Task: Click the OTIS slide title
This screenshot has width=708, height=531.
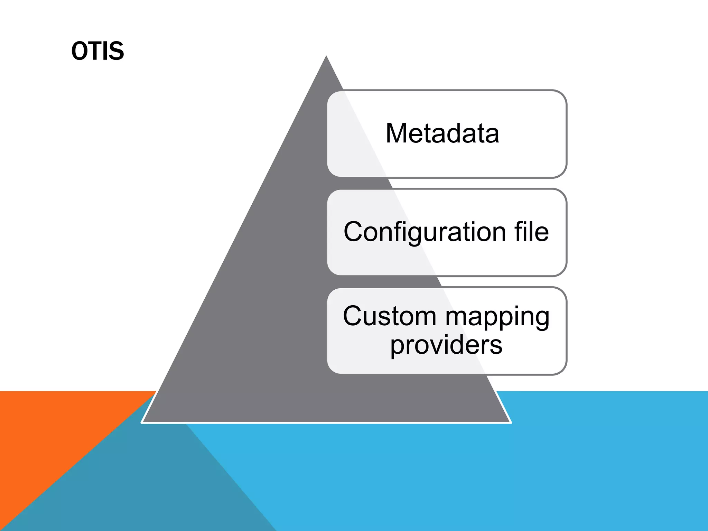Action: coord(97,51)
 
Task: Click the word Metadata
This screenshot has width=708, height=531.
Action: coord(442,133)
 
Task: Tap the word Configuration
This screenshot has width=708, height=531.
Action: coord(425,232)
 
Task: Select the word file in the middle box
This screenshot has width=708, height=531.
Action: coord(531,232)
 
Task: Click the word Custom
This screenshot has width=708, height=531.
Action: coord(390,316)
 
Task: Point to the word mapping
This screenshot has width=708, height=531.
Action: coord(497,317)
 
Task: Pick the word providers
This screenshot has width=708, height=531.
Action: coord(446,345)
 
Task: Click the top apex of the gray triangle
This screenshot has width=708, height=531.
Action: coord(326,57)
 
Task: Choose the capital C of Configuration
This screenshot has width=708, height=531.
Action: coord(353,232)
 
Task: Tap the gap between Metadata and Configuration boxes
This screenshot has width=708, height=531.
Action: coord(446,183)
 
